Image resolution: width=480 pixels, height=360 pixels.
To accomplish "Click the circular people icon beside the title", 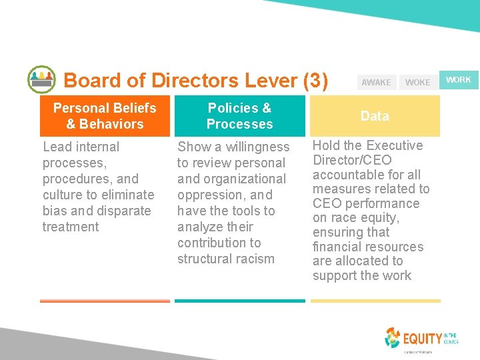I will pyautogui.click(x=42, y=79).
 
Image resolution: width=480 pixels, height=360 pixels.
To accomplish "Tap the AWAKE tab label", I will pyautogui.click(x=376, y=83).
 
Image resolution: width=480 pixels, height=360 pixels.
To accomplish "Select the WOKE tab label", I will pyautogui.click(x=418, y=83).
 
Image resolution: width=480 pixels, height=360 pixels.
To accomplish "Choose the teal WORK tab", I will pyautogui.click(x=458, y=79).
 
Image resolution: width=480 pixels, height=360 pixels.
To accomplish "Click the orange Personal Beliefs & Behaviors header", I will pyautogui.click(x=105, y=116).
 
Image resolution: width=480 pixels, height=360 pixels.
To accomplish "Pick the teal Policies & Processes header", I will pyautogui.click(x=239, y=116).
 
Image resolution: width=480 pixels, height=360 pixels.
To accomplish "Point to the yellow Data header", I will pyautogui.click(x=375, y=116).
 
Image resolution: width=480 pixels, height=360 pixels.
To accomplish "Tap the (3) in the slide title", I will pyautogui.click(x=315, y=81).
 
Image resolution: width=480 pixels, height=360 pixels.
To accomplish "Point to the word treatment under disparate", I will pyautogui.click(x=70, y=227).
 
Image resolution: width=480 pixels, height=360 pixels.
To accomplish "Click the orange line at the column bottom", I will pyautogui.click(x=105, y=301).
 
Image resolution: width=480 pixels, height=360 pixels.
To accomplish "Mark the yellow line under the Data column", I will pyautogui.click(x=375, y=301).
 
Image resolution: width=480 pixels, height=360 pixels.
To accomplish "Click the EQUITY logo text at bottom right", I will pyautogui.click(x=422, y=337).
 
